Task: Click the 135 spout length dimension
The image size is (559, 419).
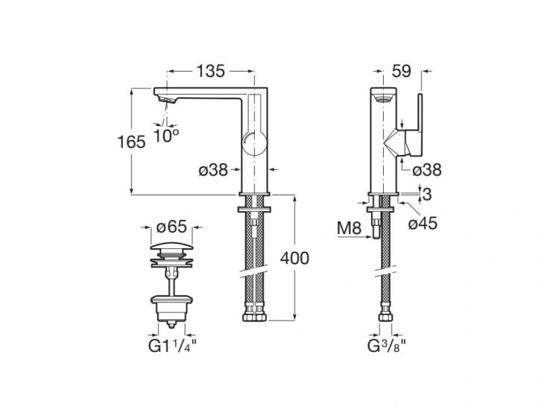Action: click(x=211, y=72)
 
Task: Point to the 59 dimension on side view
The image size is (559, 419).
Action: click(x=402, y=72)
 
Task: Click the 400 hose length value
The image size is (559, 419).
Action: click(x=294, y=259)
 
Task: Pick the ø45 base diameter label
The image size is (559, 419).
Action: click(x=426, y=223)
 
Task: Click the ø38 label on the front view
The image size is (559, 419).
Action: click(x=213, y=170)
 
